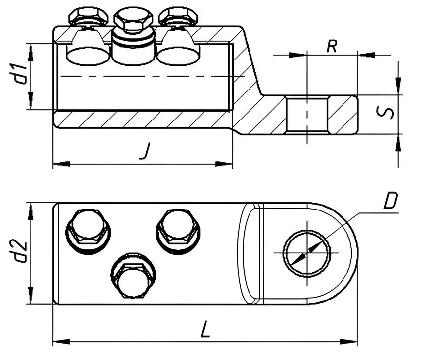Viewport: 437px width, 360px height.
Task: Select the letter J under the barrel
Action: pyautogui.click(x=144, y=151)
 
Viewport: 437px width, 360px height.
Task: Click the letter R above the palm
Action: pyautogui.click(x=332, y=47)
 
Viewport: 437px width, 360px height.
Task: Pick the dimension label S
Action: pyautogui.click(x=388, y=113)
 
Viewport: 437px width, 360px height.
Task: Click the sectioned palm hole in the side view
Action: pyautogui.click(x=307, y=115)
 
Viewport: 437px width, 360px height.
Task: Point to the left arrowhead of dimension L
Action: pyautogui.click(x=58, y=341)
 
